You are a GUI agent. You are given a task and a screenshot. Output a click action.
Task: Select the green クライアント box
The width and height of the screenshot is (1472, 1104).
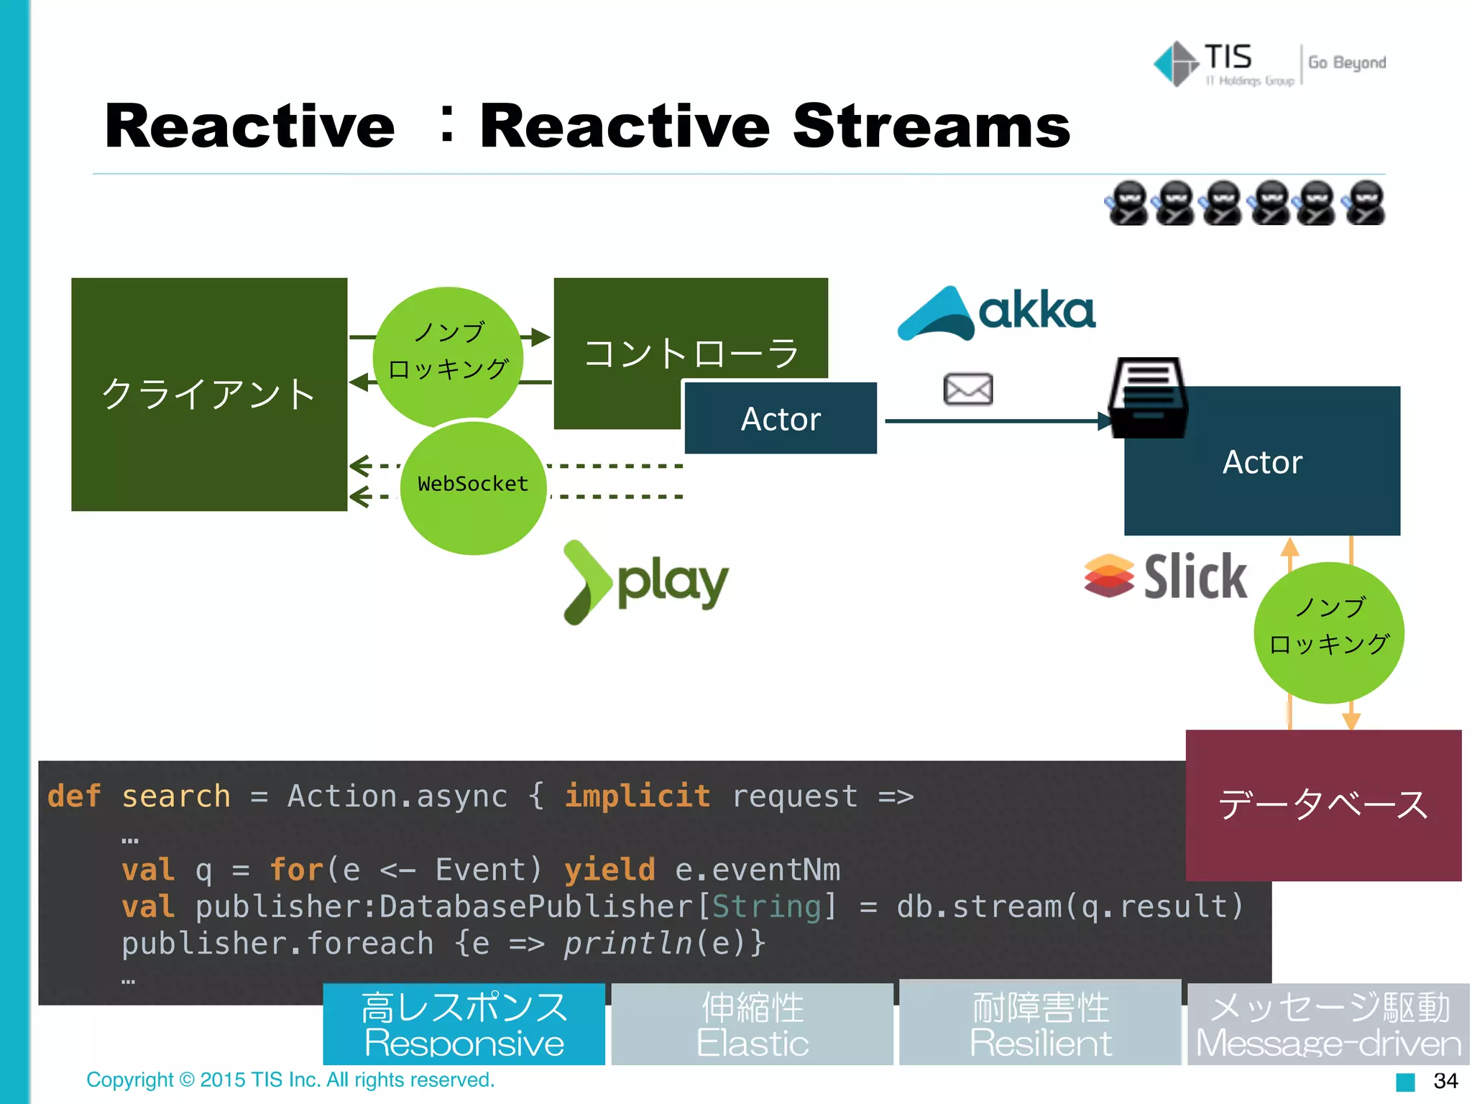(208, 394)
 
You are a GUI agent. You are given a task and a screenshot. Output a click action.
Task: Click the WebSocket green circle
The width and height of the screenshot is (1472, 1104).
(473, 484)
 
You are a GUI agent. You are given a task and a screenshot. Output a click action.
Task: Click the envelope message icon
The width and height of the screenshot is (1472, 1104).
(967, 389)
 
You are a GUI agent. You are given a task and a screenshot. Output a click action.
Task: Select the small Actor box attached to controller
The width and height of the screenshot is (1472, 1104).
(781, 418)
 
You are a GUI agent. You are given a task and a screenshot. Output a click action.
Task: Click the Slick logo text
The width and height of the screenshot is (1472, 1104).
(1195, 576)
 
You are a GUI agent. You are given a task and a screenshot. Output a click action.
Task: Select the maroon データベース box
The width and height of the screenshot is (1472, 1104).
(1322, 805)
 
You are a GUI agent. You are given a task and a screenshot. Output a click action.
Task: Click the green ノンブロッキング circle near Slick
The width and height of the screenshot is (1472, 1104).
(1328, 632)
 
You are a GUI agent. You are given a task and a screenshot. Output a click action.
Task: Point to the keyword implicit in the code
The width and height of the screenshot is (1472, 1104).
(637, 796)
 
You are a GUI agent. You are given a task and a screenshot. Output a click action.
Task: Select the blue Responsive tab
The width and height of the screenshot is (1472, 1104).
(464, 1024)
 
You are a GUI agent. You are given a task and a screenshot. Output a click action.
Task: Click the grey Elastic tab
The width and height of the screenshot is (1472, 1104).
(752, 1024)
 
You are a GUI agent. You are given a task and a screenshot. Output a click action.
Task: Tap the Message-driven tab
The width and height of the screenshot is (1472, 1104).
(1328, 1024)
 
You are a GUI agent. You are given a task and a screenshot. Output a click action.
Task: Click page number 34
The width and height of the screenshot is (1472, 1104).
(1445, 1081)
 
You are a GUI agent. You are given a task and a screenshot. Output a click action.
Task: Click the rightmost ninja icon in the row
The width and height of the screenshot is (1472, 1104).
(1365, 203)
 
